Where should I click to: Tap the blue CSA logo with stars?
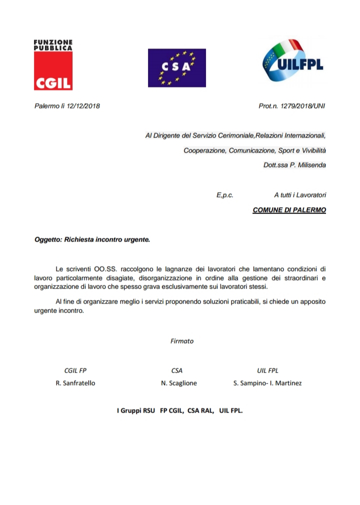(176, 67)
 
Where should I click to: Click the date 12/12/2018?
(83, 106)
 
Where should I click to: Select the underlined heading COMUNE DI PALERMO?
(289, 209)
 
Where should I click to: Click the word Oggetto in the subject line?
(47, 239)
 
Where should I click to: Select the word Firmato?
(182, 341)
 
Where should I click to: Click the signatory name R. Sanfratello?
(75, 383)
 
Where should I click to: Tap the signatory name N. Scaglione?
(179, 383)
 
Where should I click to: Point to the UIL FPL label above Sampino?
(267, 370)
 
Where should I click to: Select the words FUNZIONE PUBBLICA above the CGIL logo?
(53, 45)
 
